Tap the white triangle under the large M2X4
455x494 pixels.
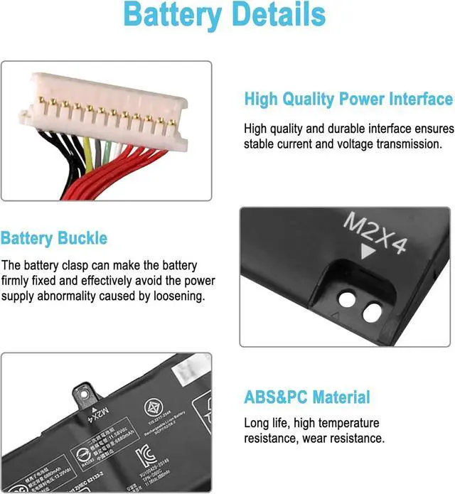point(368,253)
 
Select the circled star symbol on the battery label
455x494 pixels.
point(153,407)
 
